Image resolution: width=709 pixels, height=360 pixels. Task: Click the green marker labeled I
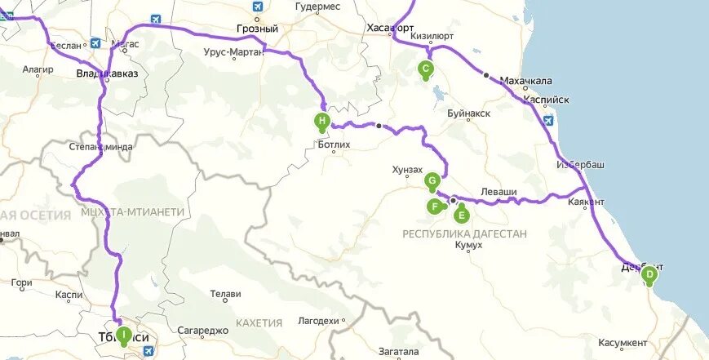click(x=123, y=334)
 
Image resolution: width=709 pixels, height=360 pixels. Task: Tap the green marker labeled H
click(x=322, y=122)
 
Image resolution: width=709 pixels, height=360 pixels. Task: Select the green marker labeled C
click(x=424, y=69)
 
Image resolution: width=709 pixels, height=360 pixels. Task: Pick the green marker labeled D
click(x=649, y=275)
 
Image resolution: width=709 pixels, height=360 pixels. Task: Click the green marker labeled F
click(x=435, y=207)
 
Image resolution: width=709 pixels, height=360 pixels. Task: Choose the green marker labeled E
click(x=461, y=215)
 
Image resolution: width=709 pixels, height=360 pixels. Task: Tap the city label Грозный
click(x=257, y=29)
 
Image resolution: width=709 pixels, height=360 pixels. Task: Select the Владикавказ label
click(x=107, y=73)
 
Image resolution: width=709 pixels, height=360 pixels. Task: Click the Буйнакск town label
click(x=469, y=113)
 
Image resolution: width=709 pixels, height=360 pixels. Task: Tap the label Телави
click(x=226, y=294)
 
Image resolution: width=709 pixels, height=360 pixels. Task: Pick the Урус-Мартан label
click(x=233, y=52)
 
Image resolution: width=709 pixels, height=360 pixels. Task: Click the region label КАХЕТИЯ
click(x=259, y=322)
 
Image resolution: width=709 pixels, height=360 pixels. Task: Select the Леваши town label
click(x=499, y=191)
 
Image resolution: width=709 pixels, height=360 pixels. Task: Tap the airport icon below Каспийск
click(x=548, y=121)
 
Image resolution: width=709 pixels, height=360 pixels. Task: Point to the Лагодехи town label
click(x=319, y=321)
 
